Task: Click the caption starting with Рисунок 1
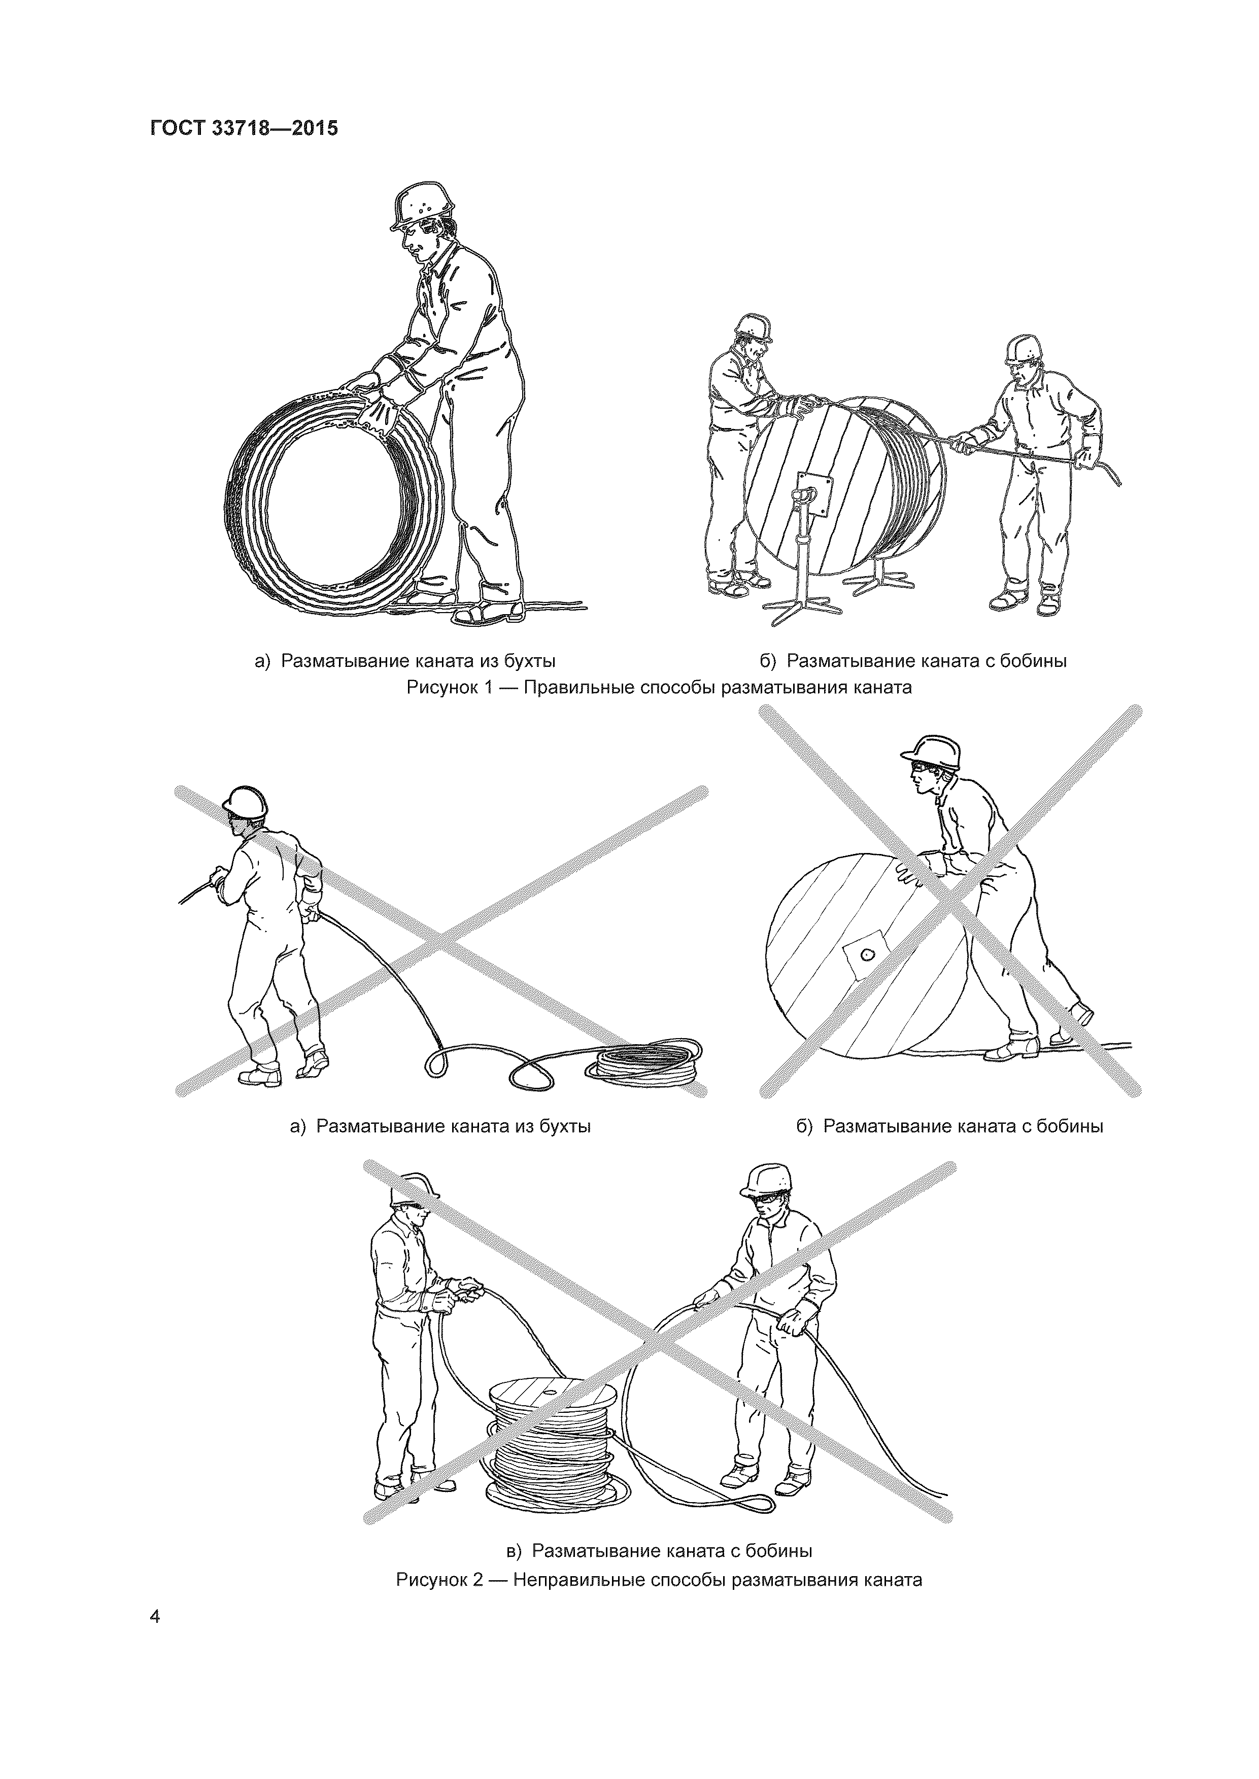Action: (659, 687)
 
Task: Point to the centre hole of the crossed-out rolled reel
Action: (866, 955)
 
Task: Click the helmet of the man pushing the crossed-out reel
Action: (931, 752)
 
